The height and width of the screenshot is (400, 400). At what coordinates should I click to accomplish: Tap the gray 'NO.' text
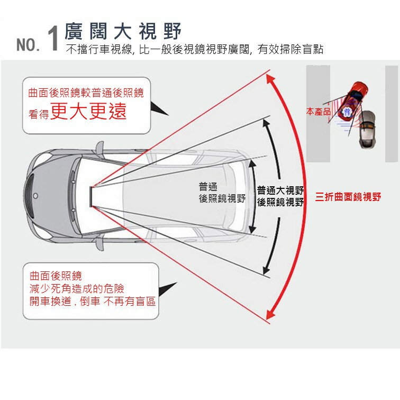pos(28,45)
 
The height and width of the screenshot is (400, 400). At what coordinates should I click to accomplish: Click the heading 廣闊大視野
pos(123,32)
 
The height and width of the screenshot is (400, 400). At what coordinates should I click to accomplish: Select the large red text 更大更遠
pos(89,112)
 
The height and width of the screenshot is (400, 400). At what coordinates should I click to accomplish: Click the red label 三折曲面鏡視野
pos(348,197)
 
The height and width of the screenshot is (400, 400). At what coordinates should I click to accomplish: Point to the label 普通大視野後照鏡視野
pos(280,196)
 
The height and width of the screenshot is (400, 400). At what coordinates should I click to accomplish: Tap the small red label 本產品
pos(318,112)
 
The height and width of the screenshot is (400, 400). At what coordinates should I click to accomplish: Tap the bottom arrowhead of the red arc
pos(270,315)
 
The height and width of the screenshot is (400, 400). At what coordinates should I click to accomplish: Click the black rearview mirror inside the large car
pos(93,196)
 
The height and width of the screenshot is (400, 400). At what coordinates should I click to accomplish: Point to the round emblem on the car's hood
pos(35,195)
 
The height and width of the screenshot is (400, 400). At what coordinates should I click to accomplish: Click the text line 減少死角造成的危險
pos(77,288)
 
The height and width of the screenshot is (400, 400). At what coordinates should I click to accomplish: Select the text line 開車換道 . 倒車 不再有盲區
pos(93,301)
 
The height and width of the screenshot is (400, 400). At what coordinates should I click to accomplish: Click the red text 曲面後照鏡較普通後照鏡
pos(86,93)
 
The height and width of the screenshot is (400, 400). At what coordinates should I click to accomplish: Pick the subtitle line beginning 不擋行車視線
pos(194,50)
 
